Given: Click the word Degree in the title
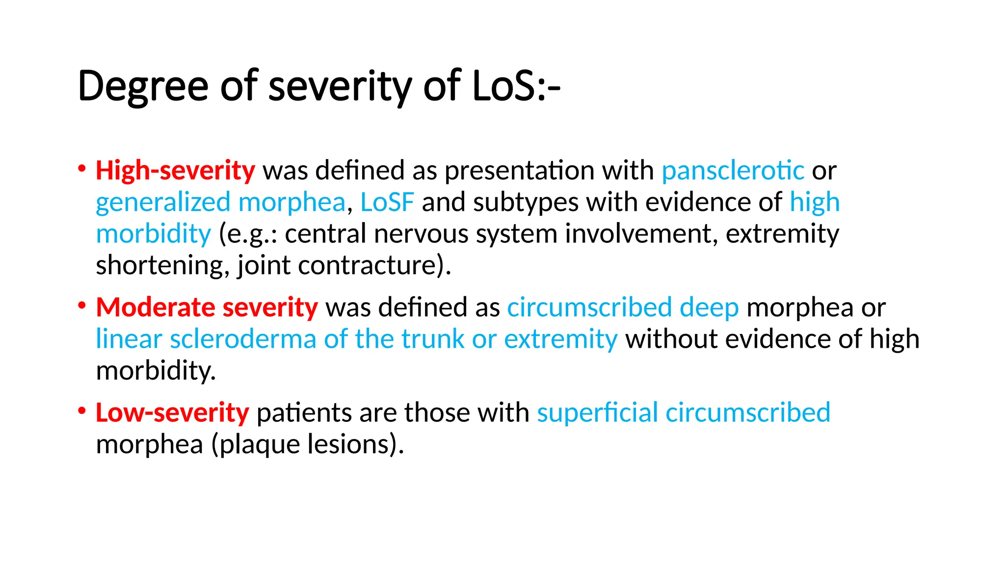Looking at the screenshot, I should [143, 86].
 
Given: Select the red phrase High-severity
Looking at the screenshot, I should [175, 171].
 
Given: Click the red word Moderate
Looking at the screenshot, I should [155, 308].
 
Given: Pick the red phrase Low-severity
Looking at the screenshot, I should [172, 412].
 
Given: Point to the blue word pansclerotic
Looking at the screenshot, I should [733, 171].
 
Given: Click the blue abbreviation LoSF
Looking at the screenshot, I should [387, 202].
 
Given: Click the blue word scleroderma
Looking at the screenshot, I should [243, 339].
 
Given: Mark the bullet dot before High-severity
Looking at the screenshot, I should [82, 169].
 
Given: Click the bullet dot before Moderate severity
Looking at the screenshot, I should [82, 306].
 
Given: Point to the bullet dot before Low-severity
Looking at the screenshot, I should [82, 411].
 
